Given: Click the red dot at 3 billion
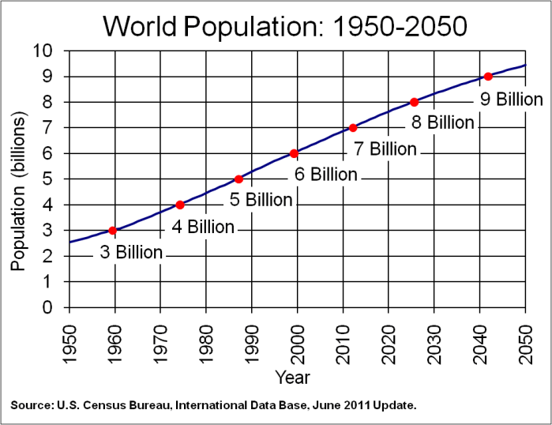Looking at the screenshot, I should (113, 231).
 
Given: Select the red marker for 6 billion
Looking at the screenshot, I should (294, 153).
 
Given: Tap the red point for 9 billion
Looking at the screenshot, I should (488, 77).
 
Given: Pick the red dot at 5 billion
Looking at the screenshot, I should (238, 179).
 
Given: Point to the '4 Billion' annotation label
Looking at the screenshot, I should (203, 228).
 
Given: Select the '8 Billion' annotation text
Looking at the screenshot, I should (442, 122).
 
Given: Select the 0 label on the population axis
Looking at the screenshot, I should (49, 307).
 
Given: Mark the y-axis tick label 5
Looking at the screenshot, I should (49, 179).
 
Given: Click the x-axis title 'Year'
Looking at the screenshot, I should (293, 377).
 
